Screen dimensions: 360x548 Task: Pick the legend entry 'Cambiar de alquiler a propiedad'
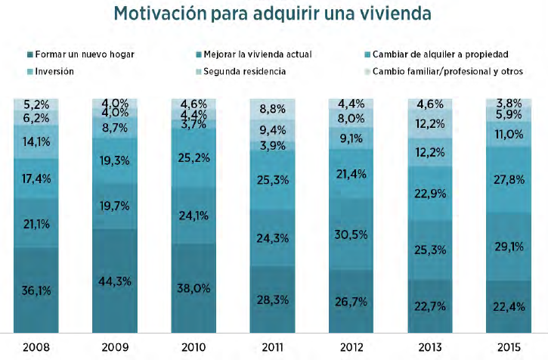pos(438,54)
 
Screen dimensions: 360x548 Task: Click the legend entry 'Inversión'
pos(57,72)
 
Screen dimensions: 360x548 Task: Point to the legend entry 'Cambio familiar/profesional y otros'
pos(447,72)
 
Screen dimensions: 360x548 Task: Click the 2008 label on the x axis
pos(36,346)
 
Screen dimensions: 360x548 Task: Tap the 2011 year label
pos(273,346)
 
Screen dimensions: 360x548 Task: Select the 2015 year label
pos(509,346)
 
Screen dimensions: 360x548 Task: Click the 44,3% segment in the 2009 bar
pos(115,281)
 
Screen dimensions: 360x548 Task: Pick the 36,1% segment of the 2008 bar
pos(36,290)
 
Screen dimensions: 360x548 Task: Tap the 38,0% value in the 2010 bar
pos(194,287)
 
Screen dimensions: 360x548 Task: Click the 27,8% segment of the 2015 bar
pos(509,179)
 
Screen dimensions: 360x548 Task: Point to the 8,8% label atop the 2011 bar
pos(273,109)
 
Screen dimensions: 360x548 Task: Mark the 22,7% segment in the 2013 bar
pos(431,306)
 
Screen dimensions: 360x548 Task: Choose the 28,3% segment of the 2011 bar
pos(273,299)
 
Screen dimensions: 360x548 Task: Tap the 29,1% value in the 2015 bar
pos(509,247)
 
